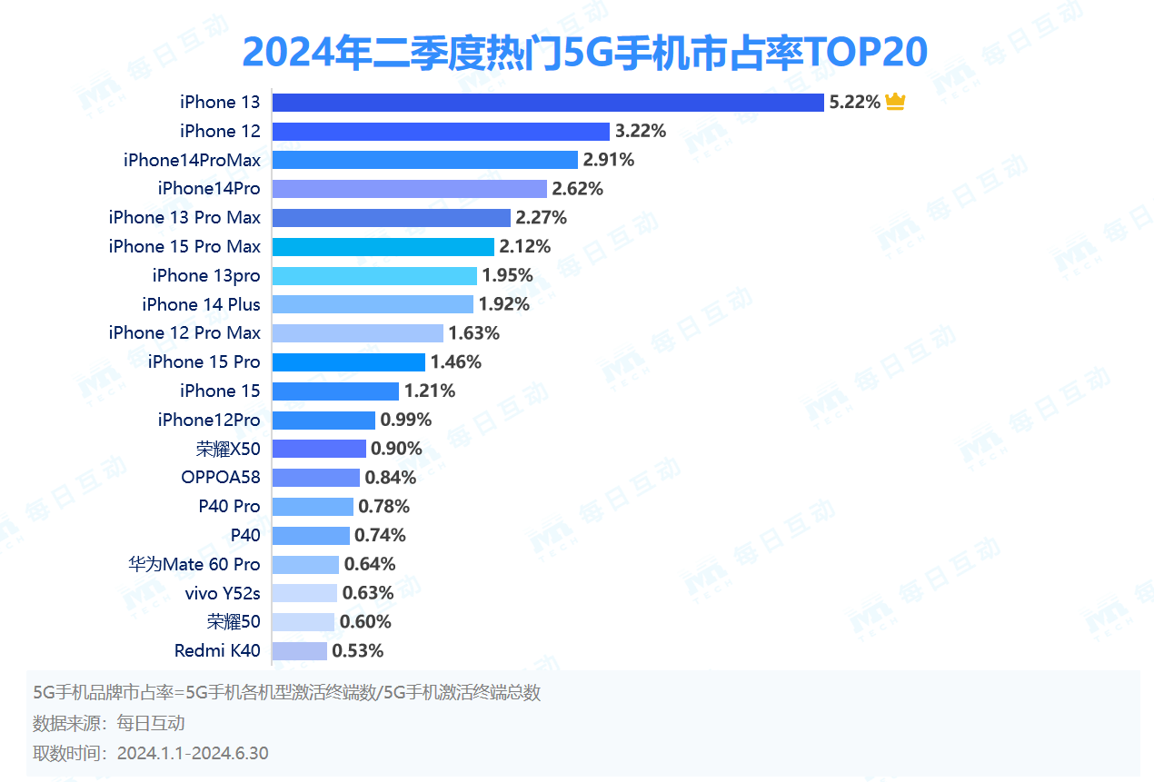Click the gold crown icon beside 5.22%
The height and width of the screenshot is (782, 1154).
coord(895,102)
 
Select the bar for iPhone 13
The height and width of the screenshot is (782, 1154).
coord(548,103)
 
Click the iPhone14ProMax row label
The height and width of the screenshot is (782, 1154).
coord(192,160)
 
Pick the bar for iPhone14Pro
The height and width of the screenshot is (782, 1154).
coord(409,189)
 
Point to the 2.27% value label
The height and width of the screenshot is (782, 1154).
coord(541,218)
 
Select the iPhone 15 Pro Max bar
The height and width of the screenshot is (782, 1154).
coord(383,246)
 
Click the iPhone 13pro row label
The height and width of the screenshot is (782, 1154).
coord(206,275)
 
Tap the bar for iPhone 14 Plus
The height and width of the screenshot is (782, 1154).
coord(373,304)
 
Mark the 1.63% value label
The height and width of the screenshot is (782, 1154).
coord(473,333)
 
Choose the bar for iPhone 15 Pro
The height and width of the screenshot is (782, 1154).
coord(348,362)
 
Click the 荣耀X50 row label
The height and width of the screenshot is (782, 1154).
coord(228,449)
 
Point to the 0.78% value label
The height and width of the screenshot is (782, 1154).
coord(383,506)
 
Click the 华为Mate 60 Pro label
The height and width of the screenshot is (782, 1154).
coord(194,564)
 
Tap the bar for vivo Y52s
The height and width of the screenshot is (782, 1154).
coord(304,593)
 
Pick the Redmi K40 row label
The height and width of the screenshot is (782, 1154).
coord(217,650)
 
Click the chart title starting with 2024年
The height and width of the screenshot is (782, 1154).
coord(584,53)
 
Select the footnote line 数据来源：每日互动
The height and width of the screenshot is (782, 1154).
coord(109,723)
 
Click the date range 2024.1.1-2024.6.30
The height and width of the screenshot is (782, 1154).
coord(193,753)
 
